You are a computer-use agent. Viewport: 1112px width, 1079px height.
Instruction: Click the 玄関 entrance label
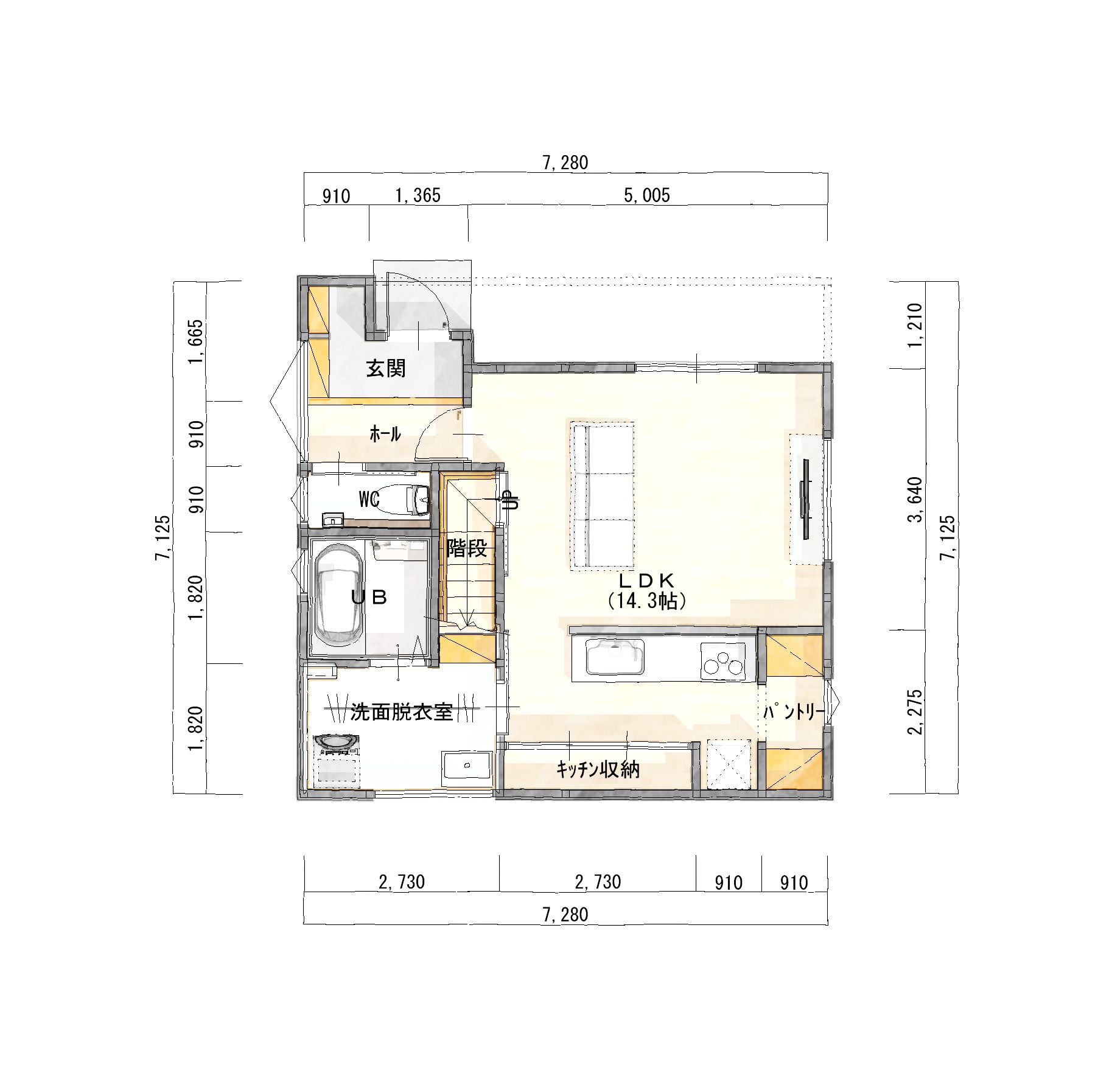coord(386,368)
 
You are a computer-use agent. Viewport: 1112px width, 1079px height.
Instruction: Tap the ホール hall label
coord(385,434)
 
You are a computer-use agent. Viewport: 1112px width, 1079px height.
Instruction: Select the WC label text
coord(369,500)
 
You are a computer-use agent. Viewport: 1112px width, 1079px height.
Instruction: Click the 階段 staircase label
coord(467,548)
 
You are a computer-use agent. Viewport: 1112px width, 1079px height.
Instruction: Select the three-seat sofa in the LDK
coord(603,496)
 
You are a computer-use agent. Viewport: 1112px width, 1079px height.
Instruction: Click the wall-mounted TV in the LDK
coord(806,499)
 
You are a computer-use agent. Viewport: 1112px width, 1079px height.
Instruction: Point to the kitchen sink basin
coord(615,657)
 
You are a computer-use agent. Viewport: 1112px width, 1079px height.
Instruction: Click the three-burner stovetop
coord(722,661)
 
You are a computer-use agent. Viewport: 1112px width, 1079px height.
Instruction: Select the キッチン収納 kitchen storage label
coord(598,770)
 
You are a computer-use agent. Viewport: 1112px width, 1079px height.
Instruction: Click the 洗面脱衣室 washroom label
coord(402,712)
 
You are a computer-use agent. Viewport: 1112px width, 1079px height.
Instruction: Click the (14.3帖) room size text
coord(647,602)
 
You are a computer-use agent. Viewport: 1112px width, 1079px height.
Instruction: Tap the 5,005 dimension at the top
coord(647,195)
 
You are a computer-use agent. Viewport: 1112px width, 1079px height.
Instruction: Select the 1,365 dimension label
coord(418,195)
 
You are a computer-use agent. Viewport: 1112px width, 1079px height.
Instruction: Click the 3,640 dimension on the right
coord(915,500)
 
